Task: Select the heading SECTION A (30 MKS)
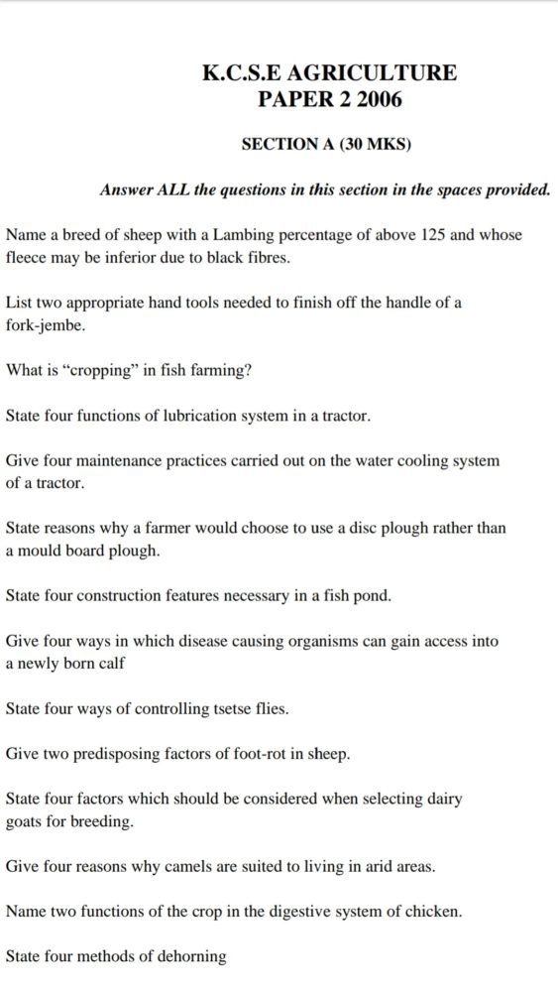click(326, 144)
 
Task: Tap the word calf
click(109, 663)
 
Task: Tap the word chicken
click(433, 912)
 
